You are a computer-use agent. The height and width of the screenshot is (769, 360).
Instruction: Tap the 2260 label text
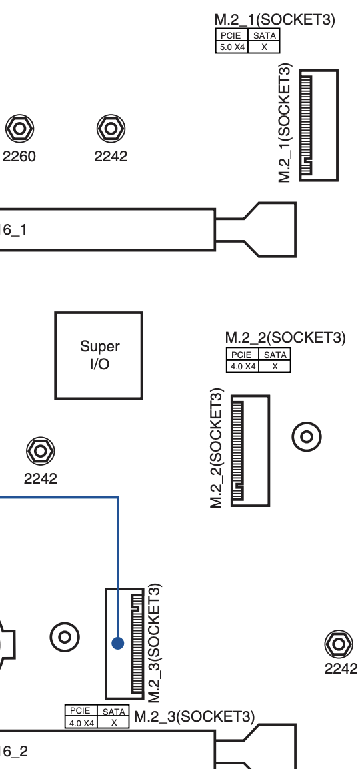(19, 157)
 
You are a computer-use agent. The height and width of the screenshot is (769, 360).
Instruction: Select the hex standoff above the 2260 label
(19, 129)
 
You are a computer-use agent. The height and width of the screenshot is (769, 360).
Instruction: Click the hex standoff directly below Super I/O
(40, 451)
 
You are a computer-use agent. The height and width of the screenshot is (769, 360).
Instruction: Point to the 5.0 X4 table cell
(232, 47)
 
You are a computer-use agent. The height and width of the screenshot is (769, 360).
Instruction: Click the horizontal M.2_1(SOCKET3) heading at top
(275, 19)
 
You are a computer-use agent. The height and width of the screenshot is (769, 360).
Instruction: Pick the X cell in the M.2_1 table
(265, 47)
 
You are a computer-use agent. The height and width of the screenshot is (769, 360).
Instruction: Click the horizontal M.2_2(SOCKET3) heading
(285, 337)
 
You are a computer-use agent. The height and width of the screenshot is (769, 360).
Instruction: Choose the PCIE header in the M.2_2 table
(242, 354)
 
